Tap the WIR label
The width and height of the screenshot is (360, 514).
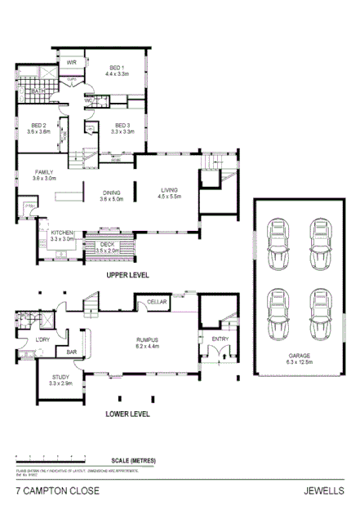pos(71,62)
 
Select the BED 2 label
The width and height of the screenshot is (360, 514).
pos(38,125)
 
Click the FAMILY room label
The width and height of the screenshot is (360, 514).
pos(44,171)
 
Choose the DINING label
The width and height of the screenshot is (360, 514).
pos(111,193)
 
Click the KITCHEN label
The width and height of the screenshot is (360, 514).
pos(63,233)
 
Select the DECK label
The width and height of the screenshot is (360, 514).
pos(108,244)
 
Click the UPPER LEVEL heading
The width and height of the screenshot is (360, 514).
pos(128,276)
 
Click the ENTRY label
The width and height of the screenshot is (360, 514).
pos(220,339)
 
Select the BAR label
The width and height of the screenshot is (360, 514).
pos(72,352)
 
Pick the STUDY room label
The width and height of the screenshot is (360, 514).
pos(61,377)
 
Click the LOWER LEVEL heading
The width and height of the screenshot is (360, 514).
pos(128,414)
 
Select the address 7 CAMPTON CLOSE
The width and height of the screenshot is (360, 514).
pos(58,491)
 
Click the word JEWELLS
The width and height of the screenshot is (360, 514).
pos(322,491)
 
